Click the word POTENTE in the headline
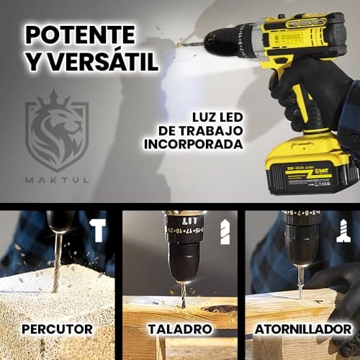(80, 34)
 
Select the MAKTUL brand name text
(57, 179)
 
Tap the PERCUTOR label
(57, 329)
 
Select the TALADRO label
(180, 329)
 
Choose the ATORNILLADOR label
(302, 329)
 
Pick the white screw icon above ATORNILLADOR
(343, 231)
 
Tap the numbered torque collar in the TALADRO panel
(184, 234)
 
